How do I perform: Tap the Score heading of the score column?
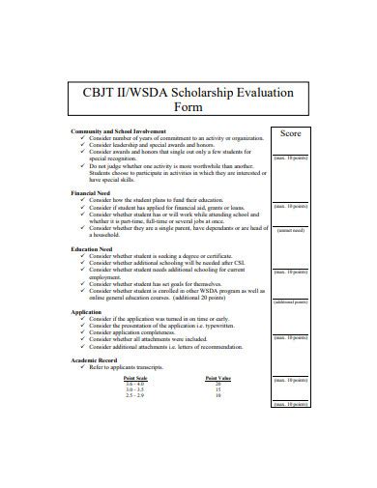(290, 134)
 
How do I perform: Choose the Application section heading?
(85, 312)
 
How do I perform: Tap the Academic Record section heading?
(93, 359)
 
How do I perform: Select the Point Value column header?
(218, 377)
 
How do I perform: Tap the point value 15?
(218, 389)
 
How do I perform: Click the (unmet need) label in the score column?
(290, 232)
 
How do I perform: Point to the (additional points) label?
(290, 302)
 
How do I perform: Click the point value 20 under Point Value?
(218, 384)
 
